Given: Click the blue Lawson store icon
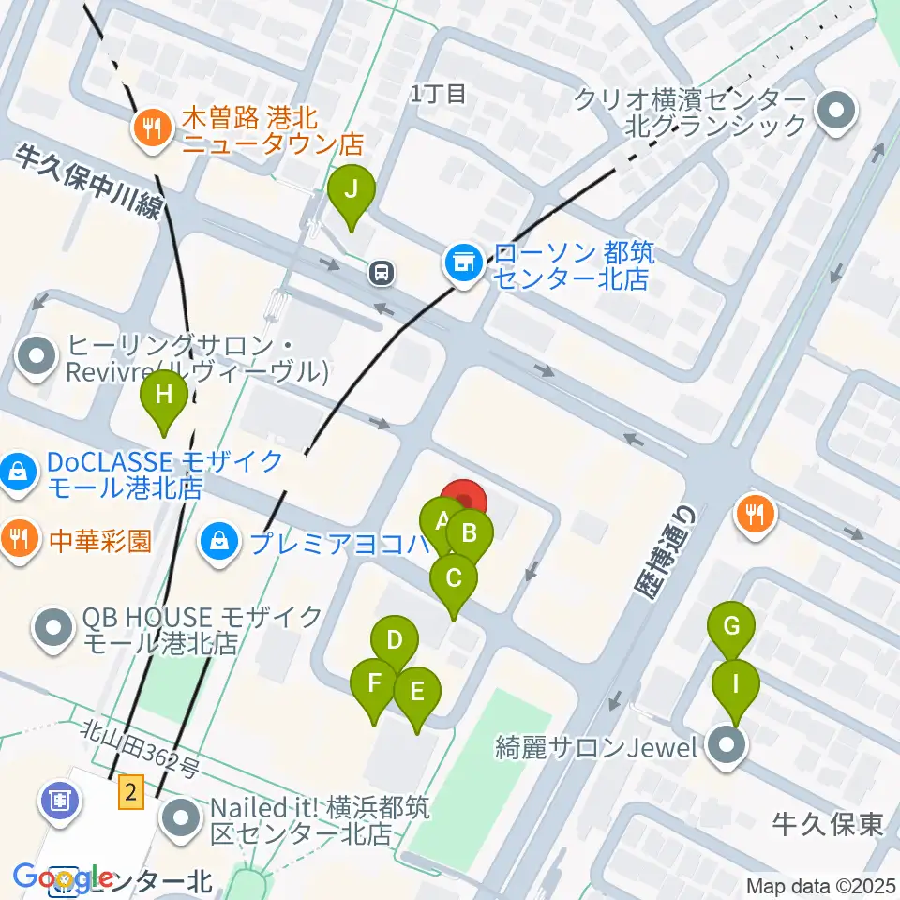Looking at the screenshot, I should click(463, 263).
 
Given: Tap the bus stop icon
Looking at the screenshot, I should click(382, 273).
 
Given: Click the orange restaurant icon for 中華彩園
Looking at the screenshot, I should click(20, 541).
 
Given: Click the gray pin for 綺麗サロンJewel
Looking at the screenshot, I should click(727, 748).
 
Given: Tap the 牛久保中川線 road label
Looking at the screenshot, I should click(89, 180).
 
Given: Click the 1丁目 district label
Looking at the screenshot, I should click(438, 93).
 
